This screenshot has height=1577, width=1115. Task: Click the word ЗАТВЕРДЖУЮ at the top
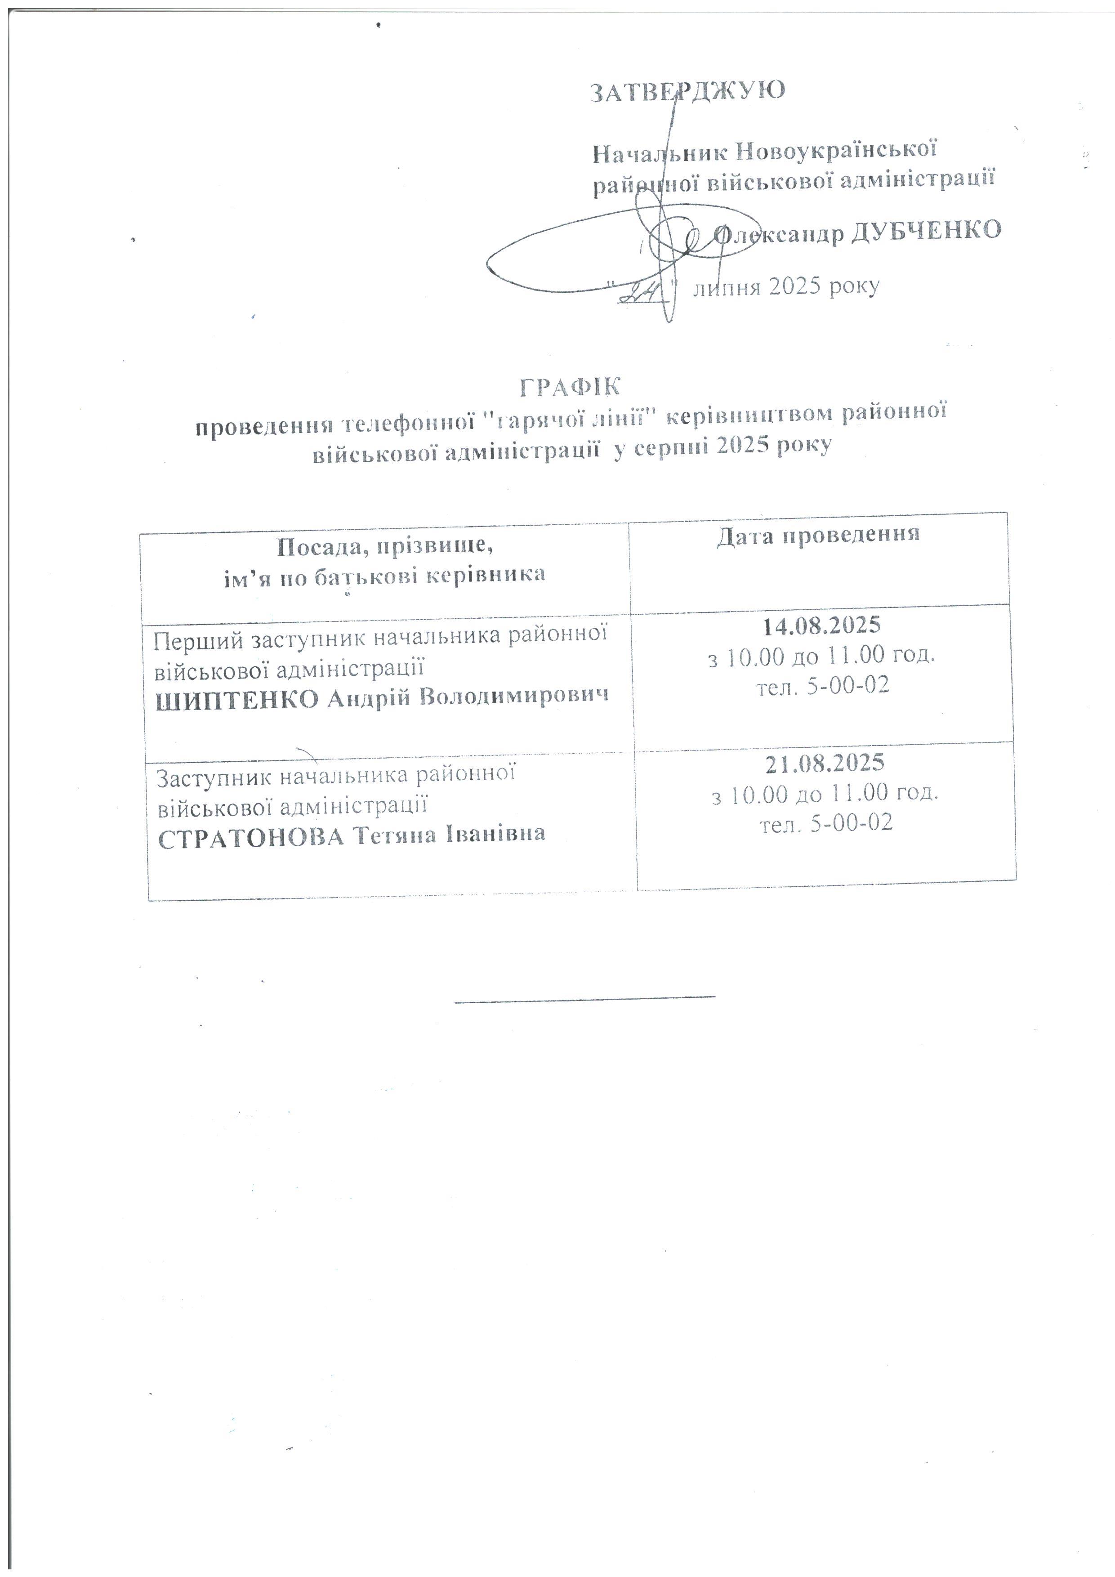[x=688, y=91]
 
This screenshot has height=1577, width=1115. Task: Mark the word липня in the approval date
[x=727, y=287]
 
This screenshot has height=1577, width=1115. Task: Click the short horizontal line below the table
[x=585, y=996]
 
